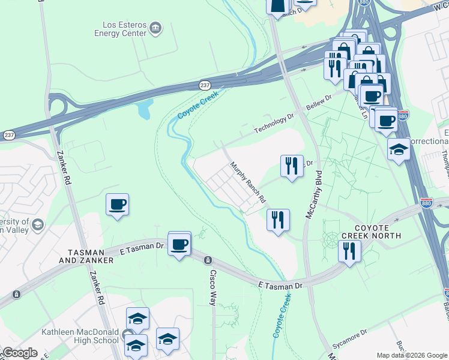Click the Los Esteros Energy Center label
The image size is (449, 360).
pyautogui.click(x=124, y=29)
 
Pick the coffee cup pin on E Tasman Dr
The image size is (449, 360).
pyautogui.click(x=179, y=244)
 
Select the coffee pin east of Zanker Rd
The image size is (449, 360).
pyautogui.click(x=117, y=204)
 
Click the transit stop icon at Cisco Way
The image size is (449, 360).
pyautogui.click(x=208, y=260)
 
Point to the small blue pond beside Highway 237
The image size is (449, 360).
pyautogui.click(x=144, y=109)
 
